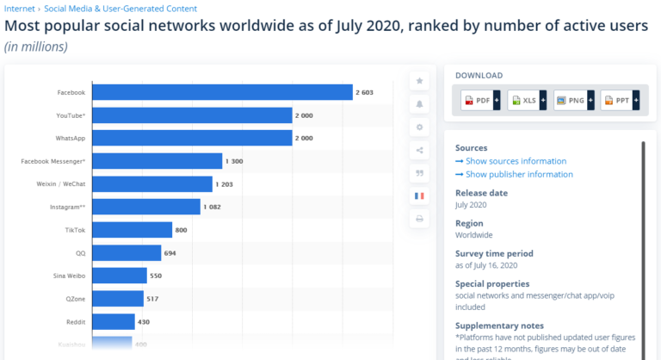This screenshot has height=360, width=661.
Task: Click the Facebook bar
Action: click(x=222, y=92)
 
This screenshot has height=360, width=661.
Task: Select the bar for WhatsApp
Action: click(x=192, y=138)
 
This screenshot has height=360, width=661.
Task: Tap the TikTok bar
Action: click(x=132, y=230)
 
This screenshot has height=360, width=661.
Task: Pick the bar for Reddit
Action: click(x=114, y=321)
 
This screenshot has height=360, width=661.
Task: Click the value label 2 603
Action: click(x=366, y=92)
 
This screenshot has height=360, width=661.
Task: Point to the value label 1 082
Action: click(x=214, y=207)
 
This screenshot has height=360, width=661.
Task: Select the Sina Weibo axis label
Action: click(x=68, y=276)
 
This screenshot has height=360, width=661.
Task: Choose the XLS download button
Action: click(x=527, y=101)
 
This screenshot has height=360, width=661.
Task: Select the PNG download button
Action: click(x=573, y=101)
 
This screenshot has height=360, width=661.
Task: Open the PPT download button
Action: click(x=620, y=101)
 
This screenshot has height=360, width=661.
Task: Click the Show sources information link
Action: click(x=510, y=161)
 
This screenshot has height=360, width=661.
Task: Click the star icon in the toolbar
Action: click(x=419, y=81)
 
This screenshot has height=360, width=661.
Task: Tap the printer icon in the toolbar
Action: click(x=419, y=219)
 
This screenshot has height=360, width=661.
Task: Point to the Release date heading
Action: click(x=481, y=193)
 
